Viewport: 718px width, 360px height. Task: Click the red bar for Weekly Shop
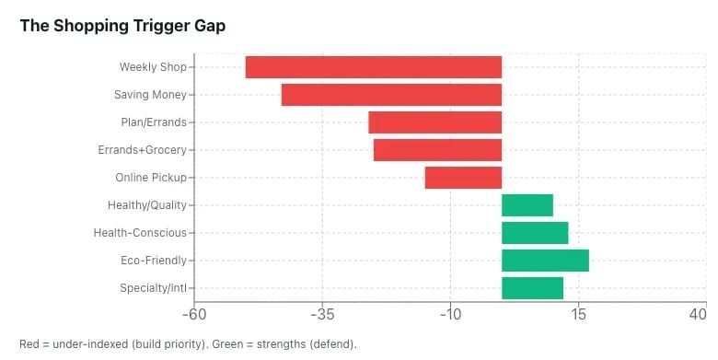click(373, 67)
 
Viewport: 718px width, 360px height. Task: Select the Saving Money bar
click(391, 95)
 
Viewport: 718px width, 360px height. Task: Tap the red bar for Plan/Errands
click(434, 122)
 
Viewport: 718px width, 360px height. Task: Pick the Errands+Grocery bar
click(437, 150)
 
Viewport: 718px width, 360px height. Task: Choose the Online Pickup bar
click(463, 178)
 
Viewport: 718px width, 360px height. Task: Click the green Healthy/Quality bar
click(527, 205)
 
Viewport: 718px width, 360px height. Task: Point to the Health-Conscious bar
click(535, 233)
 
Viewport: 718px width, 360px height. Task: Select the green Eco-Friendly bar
click(545, 261)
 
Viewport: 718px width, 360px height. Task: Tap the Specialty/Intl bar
click(532, 288)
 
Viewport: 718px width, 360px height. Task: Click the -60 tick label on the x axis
click(194, 314)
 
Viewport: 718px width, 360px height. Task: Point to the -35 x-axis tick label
click(322, 314)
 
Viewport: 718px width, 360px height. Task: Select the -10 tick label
click(450, 314)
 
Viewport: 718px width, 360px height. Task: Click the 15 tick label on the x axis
click(579, 314)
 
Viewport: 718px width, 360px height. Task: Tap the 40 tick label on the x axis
click(699, 314)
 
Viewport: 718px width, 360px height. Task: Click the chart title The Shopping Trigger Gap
click(122, 26)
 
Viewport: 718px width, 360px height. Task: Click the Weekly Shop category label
click(153, 67)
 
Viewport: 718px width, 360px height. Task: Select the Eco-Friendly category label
click(153, 261)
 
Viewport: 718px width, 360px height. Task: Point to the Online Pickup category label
click(150, 178)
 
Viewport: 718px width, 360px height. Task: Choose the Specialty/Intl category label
click(153, 288)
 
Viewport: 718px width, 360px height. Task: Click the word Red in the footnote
click(29, 344)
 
